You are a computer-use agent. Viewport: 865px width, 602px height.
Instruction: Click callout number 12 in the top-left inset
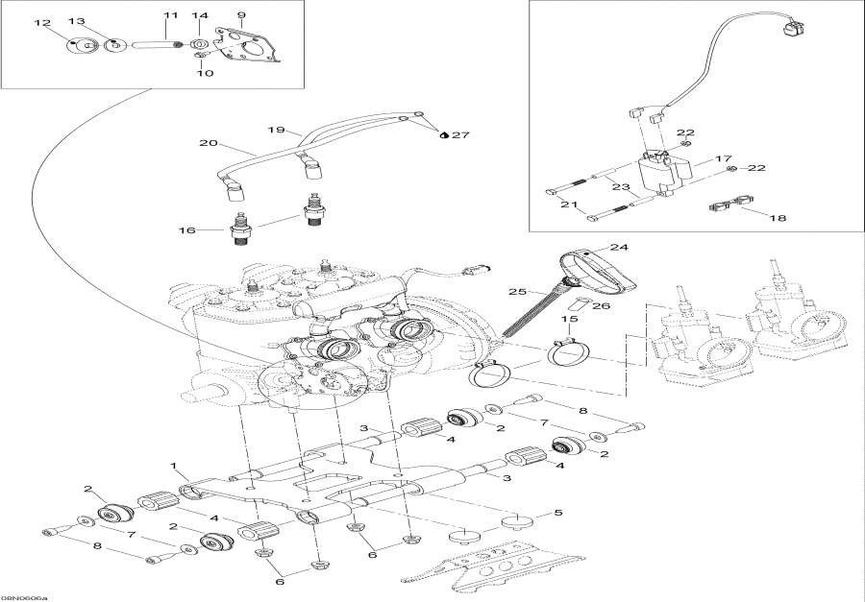(x=42, y=22)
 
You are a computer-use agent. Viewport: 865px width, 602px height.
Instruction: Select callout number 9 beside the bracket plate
(x=241, y=15)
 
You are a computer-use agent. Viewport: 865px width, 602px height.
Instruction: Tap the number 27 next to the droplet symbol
(x=462, y=135)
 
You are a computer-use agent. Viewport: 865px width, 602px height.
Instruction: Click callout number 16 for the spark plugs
(x=186, y=231)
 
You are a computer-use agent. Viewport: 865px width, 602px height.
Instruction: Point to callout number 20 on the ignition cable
(x=208, y=144)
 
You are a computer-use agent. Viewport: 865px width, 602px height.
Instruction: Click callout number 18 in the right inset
(x=777, y=219)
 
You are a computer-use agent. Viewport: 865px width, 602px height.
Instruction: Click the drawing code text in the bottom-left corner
(x=24, y=595)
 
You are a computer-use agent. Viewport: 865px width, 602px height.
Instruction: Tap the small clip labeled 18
(x=728, y=204)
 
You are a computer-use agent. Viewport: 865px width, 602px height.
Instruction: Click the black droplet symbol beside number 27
(x=443, y=135)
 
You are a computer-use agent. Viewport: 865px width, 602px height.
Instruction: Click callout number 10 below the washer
(x=202, y=73)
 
